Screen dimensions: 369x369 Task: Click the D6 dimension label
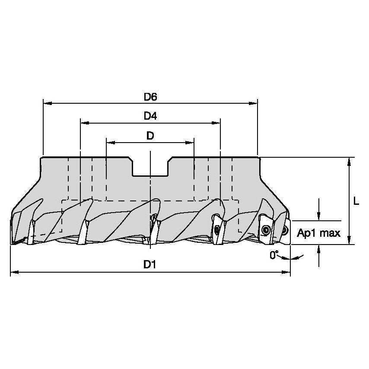[x=150, y=97]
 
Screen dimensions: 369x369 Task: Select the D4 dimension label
[x=150, y=117]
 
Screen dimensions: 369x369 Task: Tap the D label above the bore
[x=150, y=136]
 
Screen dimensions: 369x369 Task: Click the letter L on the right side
[x=356, y=201]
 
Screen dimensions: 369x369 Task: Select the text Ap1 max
[x=319, y=233]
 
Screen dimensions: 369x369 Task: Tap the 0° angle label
[x=274, y=255]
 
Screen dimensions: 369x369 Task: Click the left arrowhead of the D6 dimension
[x=47, y=104]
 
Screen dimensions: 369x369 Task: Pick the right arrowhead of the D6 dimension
[x=254, y=104]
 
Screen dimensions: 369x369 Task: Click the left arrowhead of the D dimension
[x=110, y=142]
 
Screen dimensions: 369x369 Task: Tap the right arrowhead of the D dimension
[x=190, y=142]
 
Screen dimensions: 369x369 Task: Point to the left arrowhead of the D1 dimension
[x=14, y=272]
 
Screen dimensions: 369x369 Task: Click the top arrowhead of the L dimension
[x=349, y=162]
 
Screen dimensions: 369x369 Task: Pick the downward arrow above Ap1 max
[x=319, y=216]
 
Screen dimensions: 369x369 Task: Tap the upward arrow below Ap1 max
[x=319, y=249]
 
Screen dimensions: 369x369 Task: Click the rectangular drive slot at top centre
[x=150, y=166]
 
